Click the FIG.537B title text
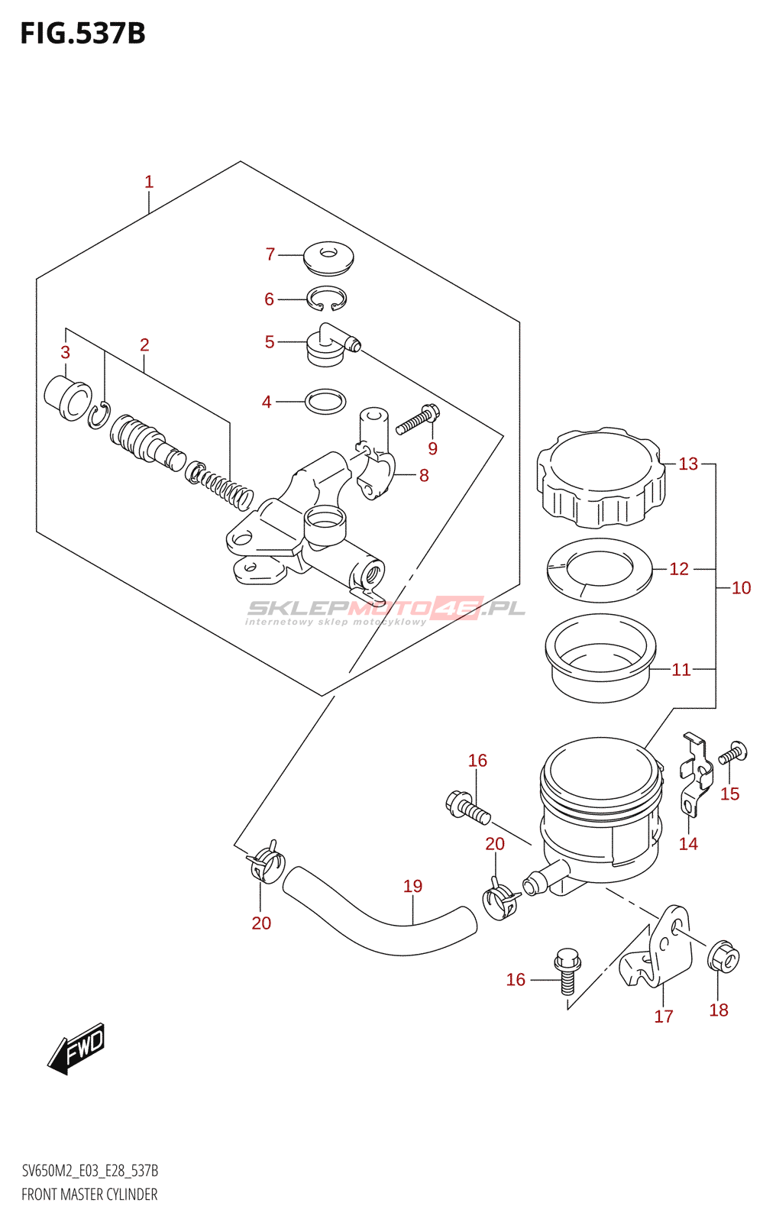pos(82,34)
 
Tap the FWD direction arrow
pos(76,1048)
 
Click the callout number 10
pos(741,587)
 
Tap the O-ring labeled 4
pos(325,401)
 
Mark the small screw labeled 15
pos(732,754)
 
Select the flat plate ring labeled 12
pos(600,570)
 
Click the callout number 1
pos(149,182)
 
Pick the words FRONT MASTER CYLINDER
pos(89,1195)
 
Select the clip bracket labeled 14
pos(695,779)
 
